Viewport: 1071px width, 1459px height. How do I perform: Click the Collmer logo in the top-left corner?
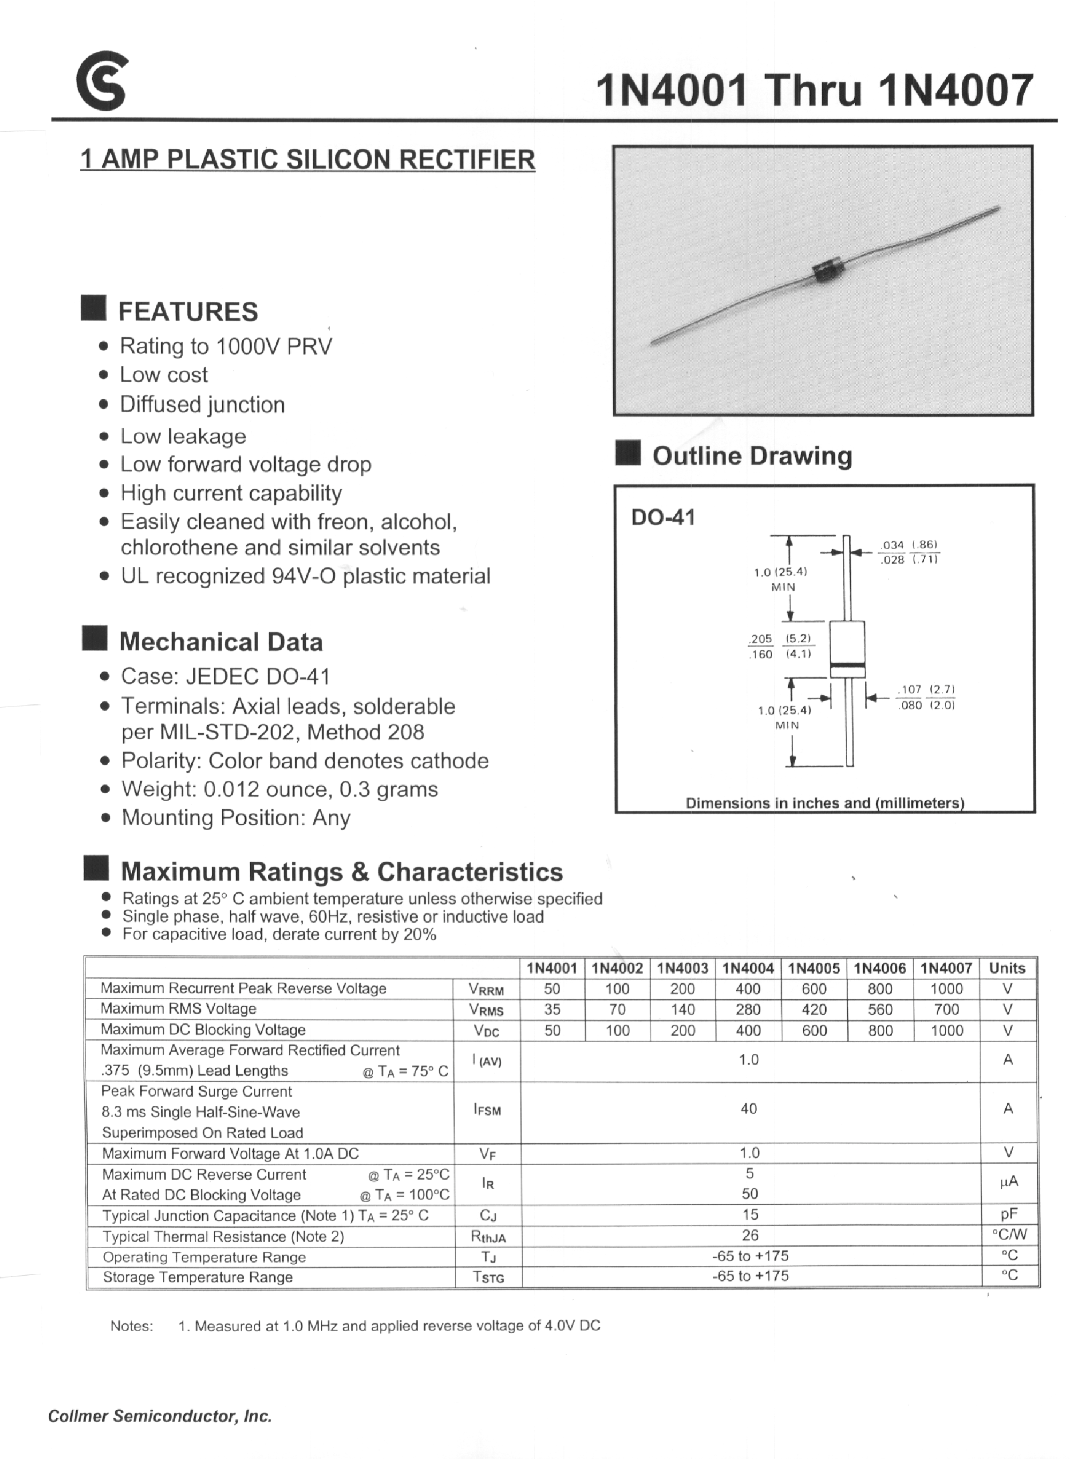pyautogui.click(x=101, y=82)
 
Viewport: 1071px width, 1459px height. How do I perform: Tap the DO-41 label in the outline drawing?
pyautogui.click(x=662, y=518)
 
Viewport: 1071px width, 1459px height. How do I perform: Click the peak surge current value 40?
pyautogui.click(x=749, y=1108)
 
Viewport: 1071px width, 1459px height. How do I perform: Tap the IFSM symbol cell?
pyautogui.click(x=487, y=1110)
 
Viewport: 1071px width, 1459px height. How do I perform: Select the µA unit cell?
pyautogui.click(x=1008, y=1181)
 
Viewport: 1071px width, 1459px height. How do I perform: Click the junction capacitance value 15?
pyautogui.click(x=750, y=1214)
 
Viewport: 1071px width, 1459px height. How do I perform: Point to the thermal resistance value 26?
pyautogui.click(x=750, y=1235)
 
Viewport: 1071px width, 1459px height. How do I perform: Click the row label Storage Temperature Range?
pyautogui.click(x=198, y=1277)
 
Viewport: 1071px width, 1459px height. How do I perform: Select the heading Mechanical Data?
pyautogui.click(x=221, y=641)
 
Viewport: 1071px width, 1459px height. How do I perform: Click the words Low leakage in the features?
pyautogui.click(x=183, y=436)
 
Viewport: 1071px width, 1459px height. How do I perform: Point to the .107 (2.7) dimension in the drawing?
pyautogui.click(x=925, y=689)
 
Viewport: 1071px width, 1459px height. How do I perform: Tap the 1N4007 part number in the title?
pyautogui.click(x=955, y=90)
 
